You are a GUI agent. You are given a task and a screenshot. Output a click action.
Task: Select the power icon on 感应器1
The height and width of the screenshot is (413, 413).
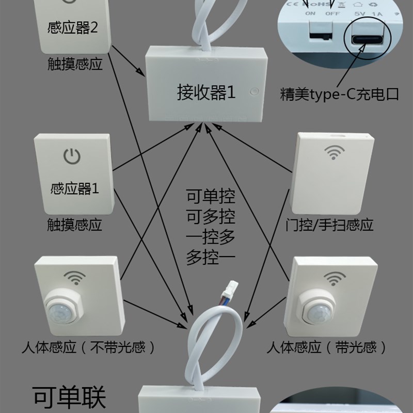tap(72, 155)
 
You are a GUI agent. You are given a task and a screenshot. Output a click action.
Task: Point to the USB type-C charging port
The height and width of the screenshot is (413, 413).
tap(368, 39)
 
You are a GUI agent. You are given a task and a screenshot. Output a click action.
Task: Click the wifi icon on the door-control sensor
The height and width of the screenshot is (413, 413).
tap(333, 153)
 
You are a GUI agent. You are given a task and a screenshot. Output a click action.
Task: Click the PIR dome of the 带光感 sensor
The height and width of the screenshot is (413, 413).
tap(318, 308)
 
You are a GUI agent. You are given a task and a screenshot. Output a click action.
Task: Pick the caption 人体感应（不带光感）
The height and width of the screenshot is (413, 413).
tap(88, 347)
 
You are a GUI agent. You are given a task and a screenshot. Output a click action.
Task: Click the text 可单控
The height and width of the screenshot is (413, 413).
tap(211, 197)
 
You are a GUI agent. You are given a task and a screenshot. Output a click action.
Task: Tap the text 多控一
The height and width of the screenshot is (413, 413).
tap(211, 257)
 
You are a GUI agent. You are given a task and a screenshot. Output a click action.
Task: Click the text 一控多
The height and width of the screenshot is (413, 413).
tap(211, 237)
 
